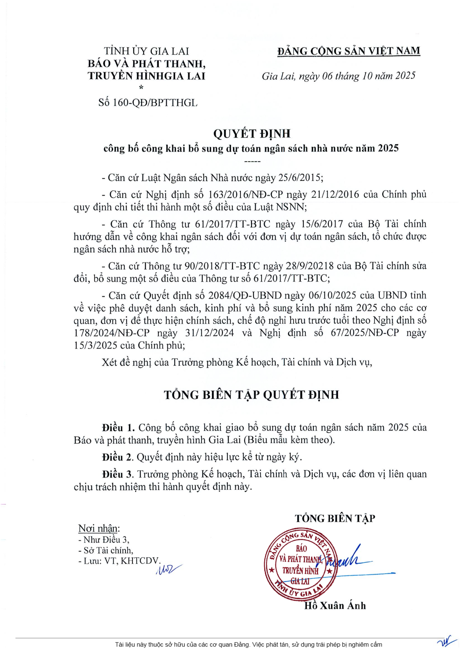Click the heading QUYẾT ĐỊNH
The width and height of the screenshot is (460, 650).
pos(252,134)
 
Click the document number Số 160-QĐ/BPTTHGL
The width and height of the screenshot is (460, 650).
pos(148,103)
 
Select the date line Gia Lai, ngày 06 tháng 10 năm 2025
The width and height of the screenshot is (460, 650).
pos(338,76)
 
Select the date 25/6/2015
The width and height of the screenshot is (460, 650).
pos(300,178)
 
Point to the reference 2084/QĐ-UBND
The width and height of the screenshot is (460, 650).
pos(245,295)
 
